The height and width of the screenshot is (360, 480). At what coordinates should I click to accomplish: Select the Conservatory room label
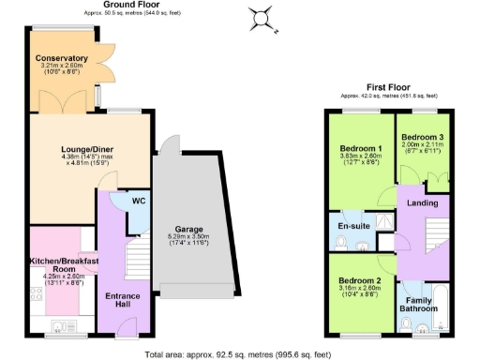coord(62,59)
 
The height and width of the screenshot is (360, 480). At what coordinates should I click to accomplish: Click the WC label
coord(138,200)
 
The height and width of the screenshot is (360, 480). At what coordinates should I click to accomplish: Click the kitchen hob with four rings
coord(36,293)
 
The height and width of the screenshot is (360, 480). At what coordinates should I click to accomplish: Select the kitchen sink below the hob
coord(59,326)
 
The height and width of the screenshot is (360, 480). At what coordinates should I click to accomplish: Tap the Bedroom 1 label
coord(360,150)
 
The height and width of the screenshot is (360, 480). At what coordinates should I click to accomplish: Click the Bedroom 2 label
coord(359,281)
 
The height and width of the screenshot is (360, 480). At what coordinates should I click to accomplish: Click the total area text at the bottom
coord(239,352)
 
